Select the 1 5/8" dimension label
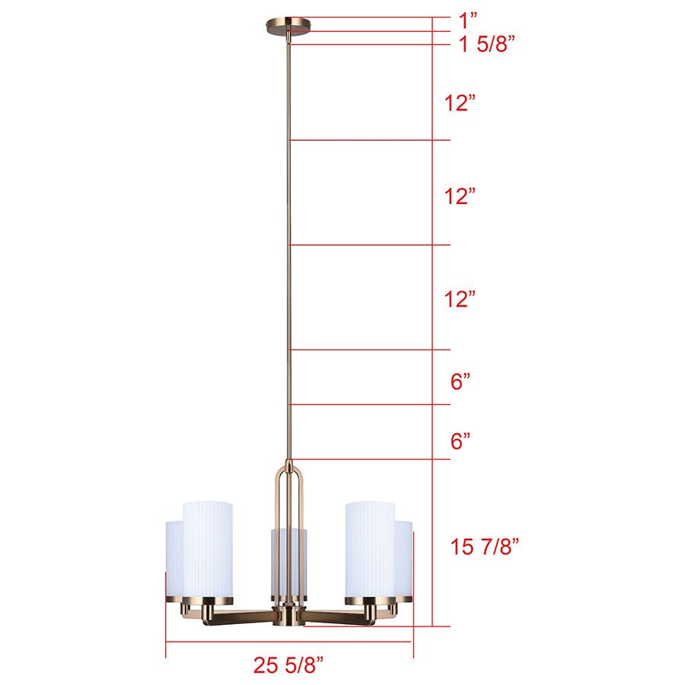486,43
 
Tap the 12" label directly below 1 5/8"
460,103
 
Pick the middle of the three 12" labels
460,196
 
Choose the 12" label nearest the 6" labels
460,298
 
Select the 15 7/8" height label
485,546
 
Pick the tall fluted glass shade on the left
207,548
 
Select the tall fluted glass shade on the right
370,548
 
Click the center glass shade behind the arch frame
288,563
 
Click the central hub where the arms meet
288,615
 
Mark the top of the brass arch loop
288,466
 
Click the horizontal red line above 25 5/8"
288,642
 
